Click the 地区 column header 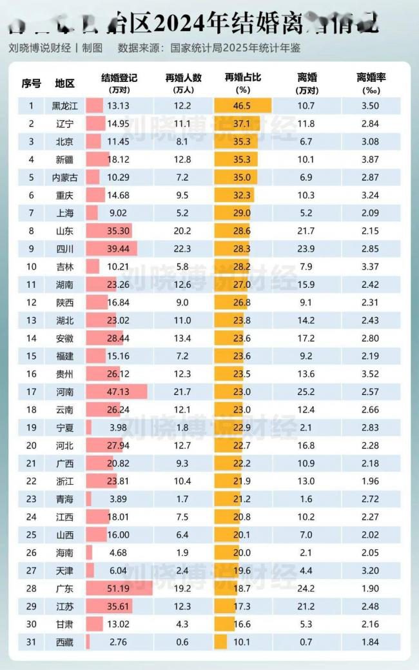(65, 83)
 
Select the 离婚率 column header (371, 77)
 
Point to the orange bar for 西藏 (220, 642)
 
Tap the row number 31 (31, 642)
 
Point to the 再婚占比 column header (242, 77)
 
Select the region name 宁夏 (65, 427)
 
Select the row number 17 (31, 392)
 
